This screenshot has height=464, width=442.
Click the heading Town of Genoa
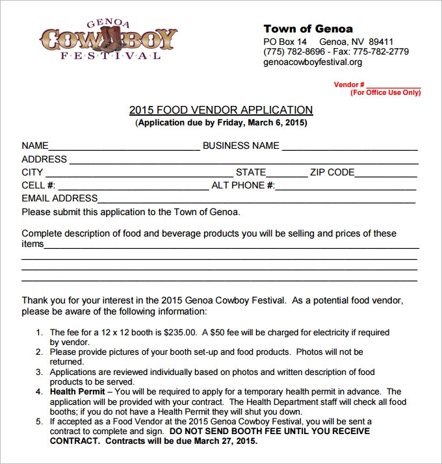(307, 29)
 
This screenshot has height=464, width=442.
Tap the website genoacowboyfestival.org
(312, 62)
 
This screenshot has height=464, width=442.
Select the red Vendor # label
(349, 84)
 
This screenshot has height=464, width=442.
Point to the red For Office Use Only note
(385, 92)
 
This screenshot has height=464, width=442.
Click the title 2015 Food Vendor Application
(221, 110)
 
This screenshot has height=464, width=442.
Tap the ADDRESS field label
(44, 159)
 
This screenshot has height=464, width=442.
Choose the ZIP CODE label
(332, 172)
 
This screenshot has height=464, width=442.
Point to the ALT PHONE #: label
(243, 185)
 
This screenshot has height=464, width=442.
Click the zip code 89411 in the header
(381, 42)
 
